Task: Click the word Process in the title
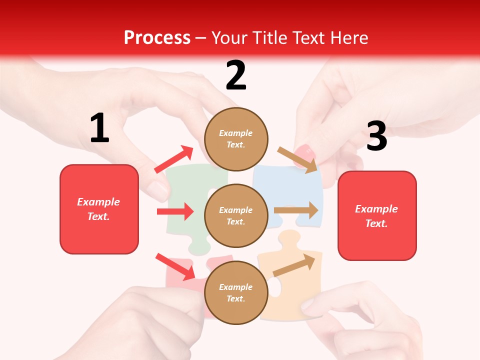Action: [157, 38]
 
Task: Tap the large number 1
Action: [99, 128]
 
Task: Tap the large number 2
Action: [236, 75]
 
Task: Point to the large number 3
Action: [376, 136]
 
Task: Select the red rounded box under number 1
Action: [99, 209]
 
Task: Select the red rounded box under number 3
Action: [377, 216]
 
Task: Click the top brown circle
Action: [236, 138]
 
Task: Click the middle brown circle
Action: [236, 215]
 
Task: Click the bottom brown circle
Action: [236, 292]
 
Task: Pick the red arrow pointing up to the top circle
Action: [173, 159]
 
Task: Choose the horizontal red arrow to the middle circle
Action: [175, 211]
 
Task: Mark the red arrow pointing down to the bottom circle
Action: [175, 266]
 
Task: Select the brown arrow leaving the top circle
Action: [297, 160]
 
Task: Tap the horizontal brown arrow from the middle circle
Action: [296, 210]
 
